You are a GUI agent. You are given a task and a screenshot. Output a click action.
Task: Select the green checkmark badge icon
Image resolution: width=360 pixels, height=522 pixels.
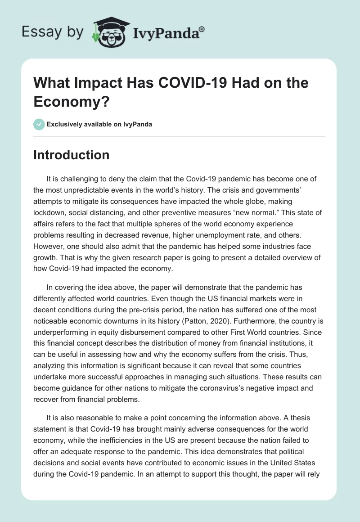coord(39,124)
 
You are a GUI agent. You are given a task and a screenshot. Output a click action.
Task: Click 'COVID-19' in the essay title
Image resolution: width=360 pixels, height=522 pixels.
coord(167,83)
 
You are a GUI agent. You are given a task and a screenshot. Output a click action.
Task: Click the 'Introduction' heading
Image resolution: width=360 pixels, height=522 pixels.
coord(72,155)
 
